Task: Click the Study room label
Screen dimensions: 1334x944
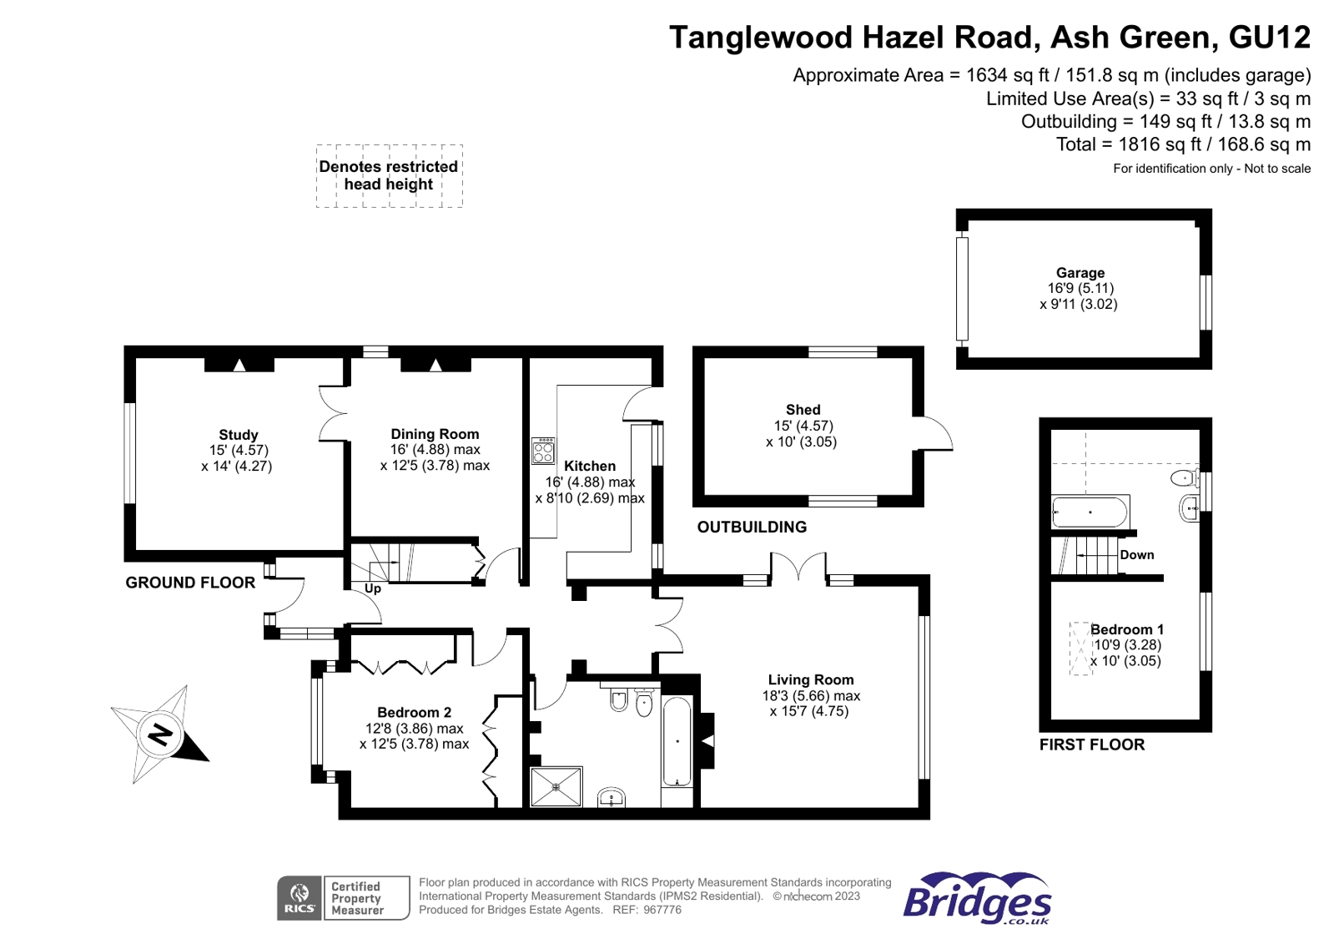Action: pos(239,435)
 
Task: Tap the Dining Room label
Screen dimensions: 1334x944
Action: pos(435,434)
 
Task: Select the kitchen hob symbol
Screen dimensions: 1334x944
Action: pos(544,452)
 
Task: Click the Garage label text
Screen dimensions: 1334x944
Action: pos(1080,272)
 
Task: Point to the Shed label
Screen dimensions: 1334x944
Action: pos(803,410)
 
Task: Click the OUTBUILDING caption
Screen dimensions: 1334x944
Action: pos(752,527)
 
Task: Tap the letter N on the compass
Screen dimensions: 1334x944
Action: pos(159,735)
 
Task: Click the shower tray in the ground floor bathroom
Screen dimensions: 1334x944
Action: pos(556,787)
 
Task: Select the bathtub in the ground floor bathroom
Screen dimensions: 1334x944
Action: pos(677,742)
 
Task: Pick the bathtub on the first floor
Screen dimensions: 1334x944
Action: pos(1090,512)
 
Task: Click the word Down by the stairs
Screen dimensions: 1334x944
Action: pos(1137,555)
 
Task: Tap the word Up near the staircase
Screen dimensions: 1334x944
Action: pos(373,589)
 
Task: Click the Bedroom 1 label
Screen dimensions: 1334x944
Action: pos(1127,629)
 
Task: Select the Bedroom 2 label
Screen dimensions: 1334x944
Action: pos(415,712)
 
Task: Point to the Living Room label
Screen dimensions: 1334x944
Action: pos(811,679)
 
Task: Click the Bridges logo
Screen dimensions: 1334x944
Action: pos(977,899)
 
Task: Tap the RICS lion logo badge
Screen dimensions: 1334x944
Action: pos(300,898)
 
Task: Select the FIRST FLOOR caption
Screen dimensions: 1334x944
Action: pos(1092,745)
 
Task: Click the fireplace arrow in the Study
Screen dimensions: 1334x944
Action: pos(239,366)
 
